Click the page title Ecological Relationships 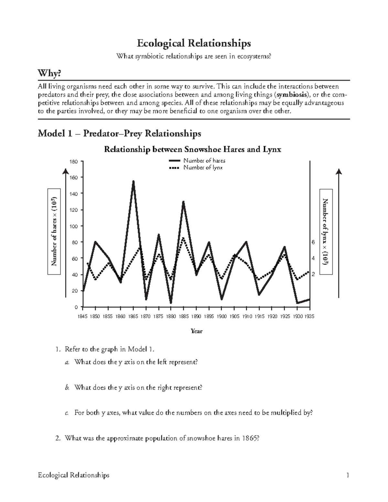[x=194, y=43]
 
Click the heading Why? [x=49, y=74]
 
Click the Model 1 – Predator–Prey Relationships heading [x=119, y=133]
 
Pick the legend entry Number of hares [x=204, y=161]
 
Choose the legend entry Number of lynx [x=203, y=167]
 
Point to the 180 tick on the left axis [x=74, y=162]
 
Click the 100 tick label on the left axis [x=74, y=226]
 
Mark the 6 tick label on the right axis [x=313, y=242]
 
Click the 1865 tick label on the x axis [x=133, y=317]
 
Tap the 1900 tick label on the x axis [x=221, y=317]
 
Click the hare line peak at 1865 [x=133, y=182]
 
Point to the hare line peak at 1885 [x=183, y=202]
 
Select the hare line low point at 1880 [x=171, y=303]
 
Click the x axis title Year [x=196, y=331]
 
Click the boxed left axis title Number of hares [x=54, y=231]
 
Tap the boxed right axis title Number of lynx [x=326, y=231]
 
